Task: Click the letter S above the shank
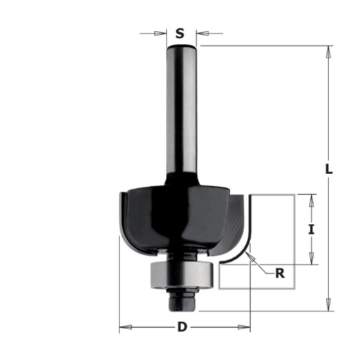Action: point(180,33)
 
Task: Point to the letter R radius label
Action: point(280,273)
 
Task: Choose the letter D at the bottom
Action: point(182,327)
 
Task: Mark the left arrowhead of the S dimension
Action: point(164,32)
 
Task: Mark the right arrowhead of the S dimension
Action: point(201,32)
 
